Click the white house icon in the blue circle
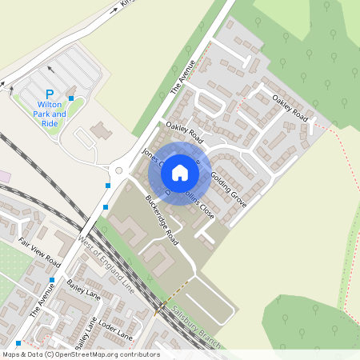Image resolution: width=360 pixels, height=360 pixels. (x=180, y=172)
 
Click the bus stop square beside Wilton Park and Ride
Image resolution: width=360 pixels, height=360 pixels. (x=71, y=98)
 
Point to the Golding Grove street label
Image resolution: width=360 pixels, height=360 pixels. (x=229, y=190)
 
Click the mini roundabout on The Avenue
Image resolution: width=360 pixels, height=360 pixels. (x=118, y=170)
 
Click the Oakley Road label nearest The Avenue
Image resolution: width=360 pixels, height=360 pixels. (x=183, y=133)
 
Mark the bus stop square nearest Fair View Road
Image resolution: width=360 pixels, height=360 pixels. (x=52, y=280)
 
